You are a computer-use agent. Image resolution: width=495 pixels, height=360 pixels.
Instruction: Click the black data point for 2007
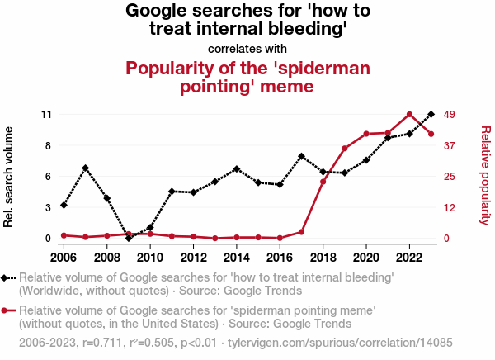click(86, 168)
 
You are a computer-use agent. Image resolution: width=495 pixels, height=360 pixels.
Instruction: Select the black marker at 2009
click(129, 238)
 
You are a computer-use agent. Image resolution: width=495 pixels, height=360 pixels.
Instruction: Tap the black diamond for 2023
click(431, 114)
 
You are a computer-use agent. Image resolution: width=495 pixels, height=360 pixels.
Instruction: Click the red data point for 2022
click(410, 114)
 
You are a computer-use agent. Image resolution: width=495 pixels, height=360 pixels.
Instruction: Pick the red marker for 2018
click(323, 181)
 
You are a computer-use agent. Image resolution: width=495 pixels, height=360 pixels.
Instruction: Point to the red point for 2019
click(345, 149)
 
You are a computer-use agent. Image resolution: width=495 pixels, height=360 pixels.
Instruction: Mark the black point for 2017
click(302, 156)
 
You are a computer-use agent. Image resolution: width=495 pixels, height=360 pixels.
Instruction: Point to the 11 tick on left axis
click(47, 114)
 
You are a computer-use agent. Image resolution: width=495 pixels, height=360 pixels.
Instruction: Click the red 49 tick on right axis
click(450, 114)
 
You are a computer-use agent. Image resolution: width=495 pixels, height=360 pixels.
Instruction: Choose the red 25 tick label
click(450, 176)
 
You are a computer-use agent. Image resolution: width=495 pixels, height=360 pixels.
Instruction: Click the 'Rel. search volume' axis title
click(10, 177)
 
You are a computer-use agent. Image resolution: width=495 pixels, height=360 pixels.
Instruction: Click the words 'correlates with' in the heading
click(247, 49)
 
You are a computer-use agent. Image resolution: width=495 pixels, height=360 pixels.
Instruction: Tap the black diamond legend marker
click(7, 278)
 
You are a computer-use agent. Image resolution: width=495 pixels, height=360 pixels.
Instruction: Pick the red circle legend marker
click(7, 310)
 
